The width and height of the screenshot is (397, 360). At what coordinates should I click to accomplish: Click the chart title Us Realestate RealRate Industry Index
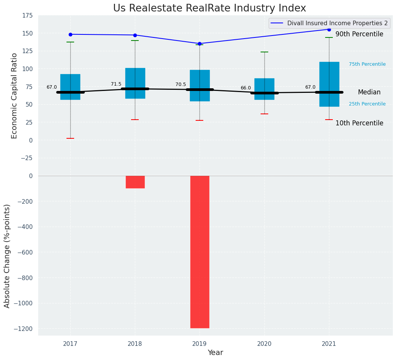209,8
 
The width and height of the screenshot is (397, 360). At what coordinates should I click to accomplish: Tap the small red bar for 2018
135,182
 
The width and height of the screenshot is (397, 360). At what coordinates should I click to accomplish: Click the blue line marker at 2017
70,34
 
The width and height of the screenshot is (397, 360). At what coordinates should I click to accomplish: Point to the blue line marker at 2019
199,44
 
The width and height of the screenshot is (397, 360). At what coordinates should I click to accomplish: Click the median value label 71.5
116,84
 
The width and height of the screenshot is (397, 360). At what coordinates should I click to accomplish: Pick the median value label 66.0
246,88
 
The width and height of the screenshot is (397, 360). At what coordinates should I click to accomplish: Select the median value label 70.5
181,84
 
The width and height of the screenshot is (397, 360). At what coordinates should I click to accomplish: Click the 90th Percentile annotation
359,34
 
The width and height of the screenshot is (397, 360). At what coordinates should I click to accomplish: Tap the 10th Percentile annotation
359,123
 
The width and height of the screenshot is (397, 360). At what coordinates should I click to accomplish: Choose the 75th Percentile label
367,64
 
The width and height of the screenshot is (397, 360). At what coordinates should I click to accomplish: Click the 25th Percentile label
367,104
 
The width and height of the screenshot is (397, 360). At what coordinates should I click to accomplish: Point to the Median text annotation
369,92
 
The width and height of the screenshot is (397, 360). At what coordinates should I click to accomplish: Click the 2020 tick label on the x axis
264,344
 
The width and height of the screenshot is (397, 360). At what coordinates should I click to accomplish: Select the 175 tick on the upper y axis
28,16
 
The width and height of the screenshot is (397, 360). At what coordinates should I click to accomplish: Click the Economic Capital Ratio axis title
15,96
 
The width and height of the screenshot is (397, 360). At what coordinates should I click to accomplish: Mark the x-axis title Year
215,353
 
